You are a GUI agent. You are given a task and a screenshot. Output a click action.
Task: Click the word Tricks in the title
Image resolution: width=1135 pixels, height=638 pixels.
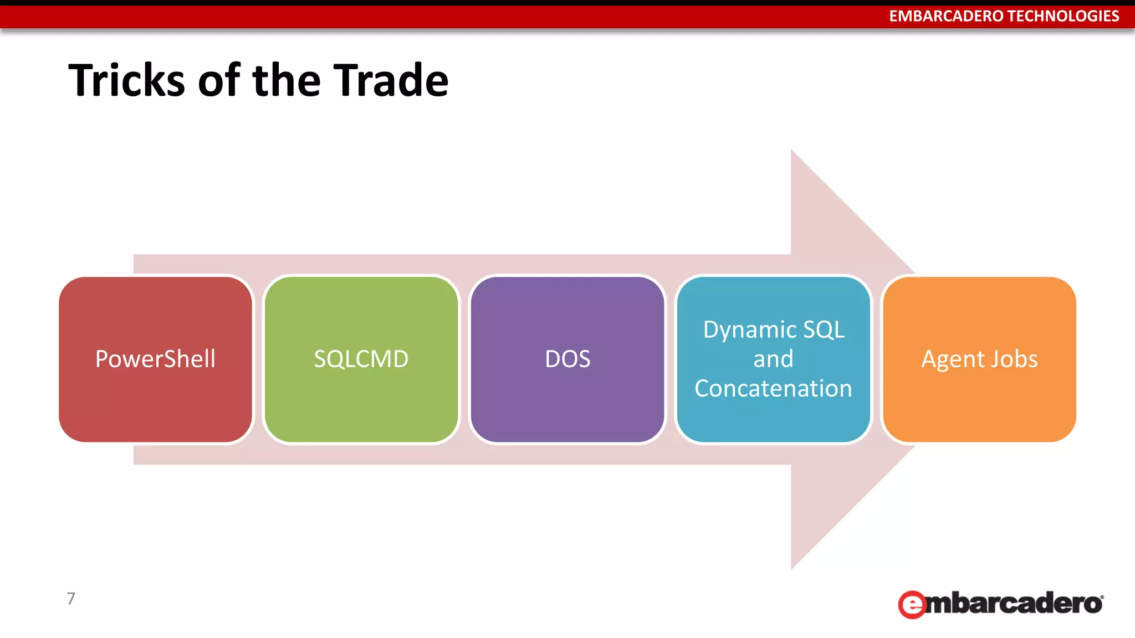(x=126, y=81)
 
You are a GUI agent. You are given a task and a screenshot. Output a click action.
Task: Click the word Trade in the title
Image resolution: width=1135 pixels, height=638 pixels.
(x=391, y=81)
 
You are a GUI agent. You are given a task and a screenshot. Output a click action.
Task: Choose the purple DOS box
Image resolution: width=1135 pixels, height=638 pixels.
(x=567, y=399)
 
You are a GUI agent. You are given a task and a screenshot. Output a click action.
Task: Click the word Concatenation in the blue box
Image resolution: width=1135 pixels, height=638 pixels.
(x=773, y=389)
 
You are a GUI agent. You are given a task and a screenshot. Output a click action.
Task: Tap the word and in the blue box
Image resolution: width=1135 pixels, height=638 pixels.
(x=773, y=359)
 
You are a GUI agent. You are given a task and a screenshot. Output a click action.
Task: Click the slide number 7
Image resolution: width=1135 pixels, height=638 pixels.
(x=71, y=599)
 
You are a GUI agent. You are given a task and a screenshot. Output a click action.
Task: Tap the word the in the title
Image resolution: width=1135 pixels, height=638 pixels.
(x=287, y=81)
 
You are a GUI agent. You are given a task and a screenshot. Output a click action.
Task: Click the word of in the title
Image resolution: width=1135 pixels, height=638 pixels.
(x=219, y=81)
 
